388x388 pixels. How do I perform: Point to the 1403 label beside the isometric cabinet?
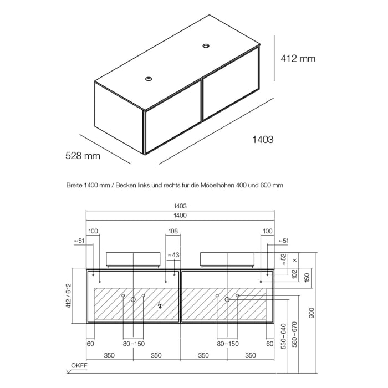point(262,140)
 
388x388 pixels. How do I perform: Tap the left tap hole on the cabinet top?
point(149,79)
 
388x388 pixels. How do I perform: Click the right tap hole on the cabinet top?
point(207,46)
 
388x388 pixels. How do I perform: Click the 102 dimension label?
point(294,274)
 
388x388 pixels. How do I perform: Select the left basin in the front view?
point(134,258)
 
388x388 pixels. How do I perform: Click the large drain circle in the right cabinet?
point(227,299)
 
